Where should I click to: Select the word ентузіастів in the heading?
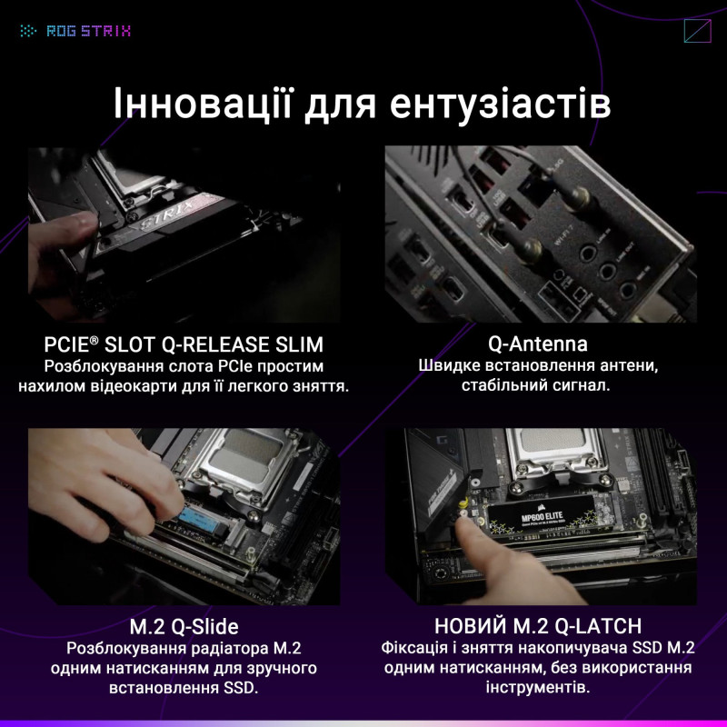pos(500,104)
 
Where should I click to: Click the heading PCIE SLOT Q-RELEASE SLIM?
pos(184,345)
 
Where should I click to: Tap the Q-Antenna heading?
pos(538,344)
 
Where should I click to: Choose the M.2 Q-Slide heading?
pos(184,626)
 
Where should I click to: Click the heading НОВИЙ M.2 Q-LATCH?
pos(538,626)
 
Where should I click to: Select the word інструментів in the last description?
pos(538,688)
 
